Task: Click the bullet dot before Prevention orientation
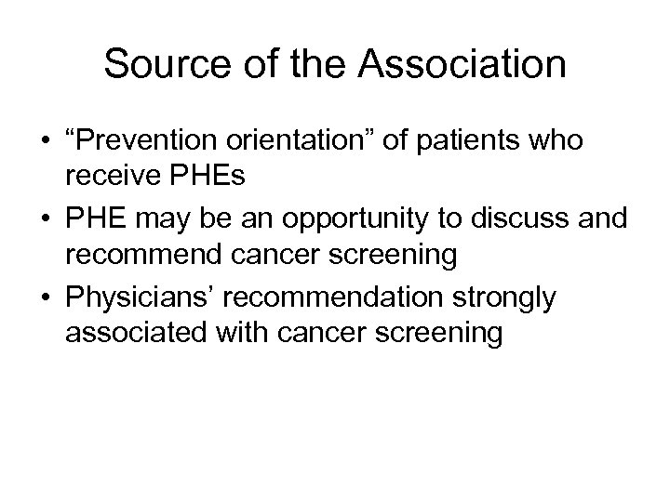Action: [45, 141]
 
